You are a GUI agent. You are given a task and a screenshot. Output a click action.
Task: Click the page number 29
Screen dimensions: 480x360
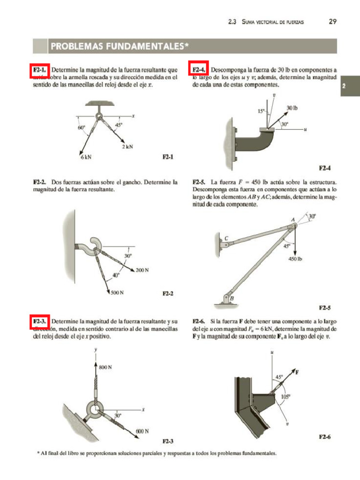tap(333, 22)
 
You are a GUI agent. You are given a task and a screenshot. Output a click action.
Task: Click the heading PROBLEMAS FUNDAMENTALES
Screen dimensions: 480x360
tap(120, 46)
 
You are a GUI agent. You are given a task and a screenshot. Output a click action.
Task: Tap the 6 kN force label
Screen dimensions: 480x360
tap(85, 157)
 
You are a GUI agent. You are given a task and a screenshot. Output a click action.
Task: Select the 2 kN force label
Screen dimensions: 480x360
tap(127, 146)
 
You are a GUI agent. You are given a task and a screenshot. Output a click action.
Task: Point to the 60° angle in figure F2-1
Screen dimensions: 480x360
tap(82, 127)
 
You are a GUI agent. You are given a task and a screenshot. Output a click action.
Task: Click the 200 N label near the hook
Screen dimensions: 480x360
tap(142, 270)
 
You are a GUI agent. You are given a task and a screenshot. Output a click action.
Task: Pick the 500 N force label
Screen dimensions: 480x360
tap(117, 292)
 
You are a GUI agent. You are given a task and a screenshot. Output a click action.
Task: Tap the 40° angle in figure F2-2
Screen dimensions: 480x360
tap(115, 275)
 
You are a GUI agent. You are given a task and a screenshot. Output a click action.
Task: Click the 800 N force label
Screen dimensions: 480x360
tap(105, 367)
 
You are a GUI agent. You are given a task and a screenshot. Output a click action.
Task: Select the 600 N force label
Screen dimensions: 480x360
tap(142, 430)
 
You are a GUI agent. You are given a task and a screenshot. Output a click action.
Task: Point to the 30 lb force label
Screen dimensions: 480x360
tap(292, 108)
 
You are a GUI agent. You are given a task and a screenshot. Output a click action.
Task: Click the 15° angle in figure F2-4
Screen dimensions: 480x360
tap(261, 111)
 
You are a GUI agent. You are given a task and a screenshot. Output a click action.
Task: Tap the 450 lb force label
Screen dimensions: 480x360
tap(295, 259)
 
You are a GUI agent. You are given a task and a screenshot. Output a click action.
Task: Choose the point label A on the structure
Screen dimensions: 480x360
tap(292, 219)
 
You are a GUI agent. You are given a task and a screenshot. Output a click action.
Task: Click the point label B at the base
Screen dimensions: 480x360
tap(232, 298)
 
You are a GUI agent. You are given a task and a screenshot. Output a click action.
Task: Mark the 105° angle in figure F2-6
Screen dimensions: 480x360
tap(285, 396)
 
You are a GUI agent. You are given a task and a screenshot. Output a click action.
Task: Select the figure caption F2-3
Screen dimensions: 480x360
tap(168, 441)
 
